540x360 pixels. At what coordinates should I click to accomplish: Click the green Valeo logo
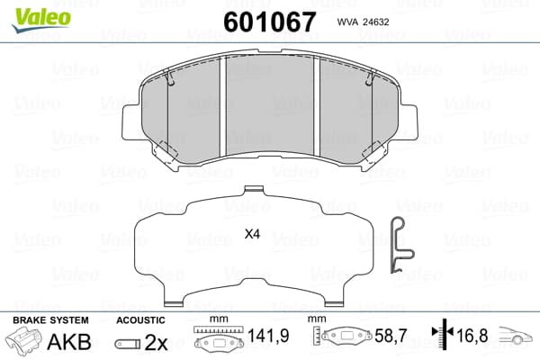click(x=41, y=19)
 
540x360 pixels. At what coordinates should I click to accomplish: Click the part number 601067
click(x=269, y=22)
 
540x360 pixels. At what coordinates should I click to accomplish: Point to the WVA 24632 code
click(x=363, y=22)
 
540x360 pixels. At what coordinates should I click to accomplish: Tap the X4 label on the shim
click(x=252, y=234)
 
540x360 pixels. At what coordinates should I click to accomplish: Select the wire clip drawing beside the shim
click(x=401, y=245)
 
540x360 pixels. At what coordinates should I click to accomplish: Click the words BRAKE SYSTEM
click(x=50, y=320)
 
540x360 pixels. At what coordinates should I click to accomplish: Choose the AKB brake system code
click(x=69, y=342)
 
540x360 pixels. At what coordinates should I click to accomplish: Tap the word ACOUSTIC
click(x=140, y=320)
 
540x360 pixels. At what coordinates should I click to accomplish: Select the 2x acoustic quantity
click(x=156, y=342)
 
